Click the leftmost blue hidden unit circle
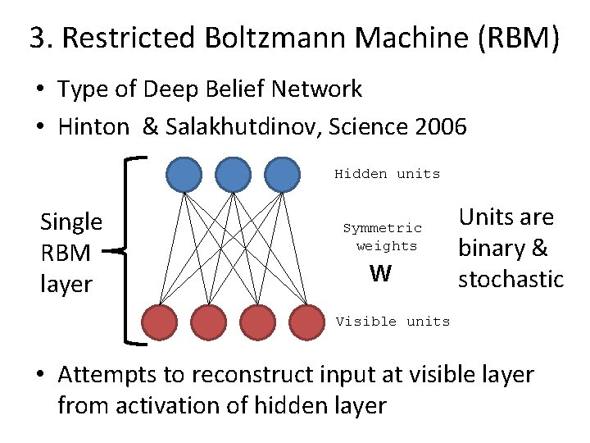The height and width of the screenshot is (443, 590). point(184,173)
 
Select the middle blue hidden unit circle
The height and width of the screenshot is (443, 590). point(233,173)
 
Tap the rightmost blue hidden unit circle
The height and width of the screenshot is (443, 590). point(282,173)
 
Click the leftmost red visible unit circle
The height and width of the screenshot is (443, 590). point(160,322)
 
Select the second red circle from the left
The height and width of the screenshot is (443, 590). point(209,322)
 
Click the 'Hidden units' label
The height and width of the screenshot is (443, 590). point(387,174)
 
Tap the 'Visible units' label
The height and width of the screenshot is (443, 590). point(393,322)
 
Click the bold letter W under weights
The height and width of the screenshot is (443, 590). point(380,274)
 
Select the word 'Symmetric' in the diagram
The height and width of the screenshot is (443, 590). point(382,229)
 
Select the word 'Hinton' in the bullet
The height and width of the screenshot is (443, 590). point(93,127)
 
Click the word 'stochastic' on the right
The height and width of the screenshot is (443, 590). point(511,279)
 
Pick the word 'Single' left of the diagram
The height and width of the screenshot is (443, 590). point(71,222)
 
